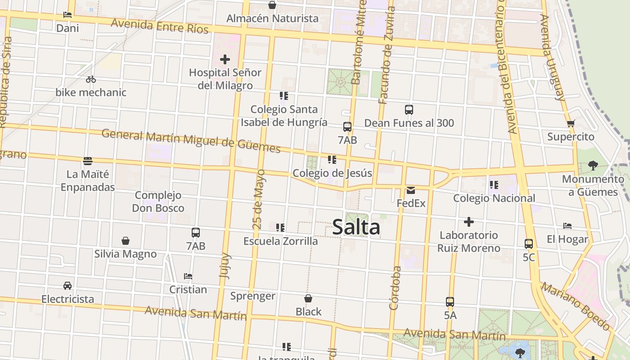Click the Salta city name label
point(356,227)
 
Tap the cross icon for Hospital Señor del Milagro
point(225,59)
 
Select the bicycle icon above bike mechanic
point(91,79)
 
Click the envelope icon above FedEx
point(411,190)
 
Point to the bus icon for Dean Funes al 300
point(409,109)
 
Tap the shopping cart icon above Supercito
point(571,123)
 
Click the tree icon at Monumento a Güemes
point(593,165)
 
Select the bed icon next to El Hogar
point(567,226)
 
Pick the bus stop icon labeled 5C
point(528,244)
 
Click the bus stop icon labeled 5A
point(450,302)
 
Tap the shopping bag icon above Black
point(308,298)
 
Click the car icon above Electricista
point(67,285)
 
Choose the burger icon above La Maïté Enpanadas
point(88,161)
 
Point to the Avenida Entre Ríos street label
point(160,26)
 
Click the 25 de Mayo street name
point(258,199)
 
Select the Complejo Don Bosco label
point(158,202)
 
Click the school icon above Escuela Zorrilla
point(280,228)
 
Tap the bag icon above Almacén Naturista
point(272,5)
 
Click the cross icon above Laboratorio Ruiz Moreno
point(468,222)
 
